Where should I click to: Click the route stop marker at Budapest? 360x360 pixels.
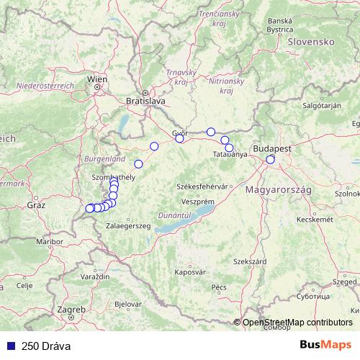271,159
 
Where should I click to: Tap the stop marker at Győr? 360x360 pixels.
180,138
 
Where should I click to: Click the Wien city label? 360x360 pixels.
96,79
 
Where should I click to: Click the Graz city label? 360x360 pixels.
36,205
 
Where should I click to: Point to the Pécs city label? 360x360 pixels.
219,287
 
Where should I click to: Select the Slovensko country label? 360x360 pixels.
312,42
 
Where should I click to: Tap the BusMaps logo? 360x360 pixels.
325,345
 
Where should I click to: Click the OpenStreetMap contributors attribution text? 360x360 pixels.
297,322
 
